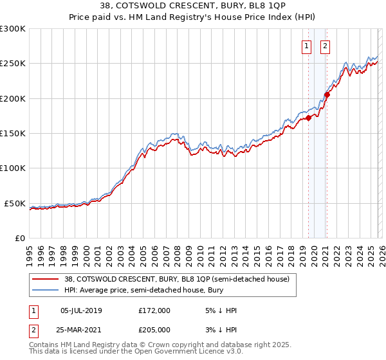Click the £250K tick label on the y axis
[x=13, y=64]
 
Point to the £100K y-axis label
[x=13, y=168]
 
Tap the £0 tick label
[x=20, y=238]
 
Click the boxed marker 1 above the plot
[x=308, y=46]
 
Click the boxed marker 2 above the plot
[x=326, y=46]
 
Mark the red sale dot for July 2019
[x=308, y=118]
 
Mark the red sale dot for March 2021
[x=327, y=94]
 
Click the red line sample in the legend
[x=45, y=279]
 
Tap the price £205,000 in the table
[x=154, y=329]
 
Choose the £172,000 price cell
[x=154, y=310]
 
